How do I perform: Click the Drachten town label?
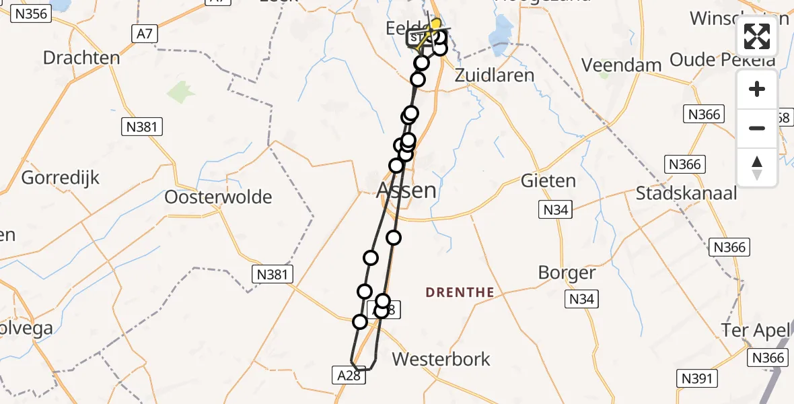(81, 58)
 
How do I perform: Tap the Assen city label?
(406, 191)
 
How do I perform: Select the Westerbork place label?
(441, 359)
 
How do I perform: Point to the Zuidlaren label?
(495, 75)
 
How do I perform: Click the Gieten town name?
(548, 180)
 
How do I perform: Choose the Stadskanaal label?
(686, 194)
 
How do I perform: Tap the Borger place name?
(567, 273)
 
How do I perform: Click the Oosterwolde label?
(219, 197)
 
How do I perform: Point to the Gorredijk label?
(61, 178)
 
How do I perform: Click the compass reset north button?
(757, 167)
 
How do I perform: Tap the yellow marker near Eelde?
(435, 24)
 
